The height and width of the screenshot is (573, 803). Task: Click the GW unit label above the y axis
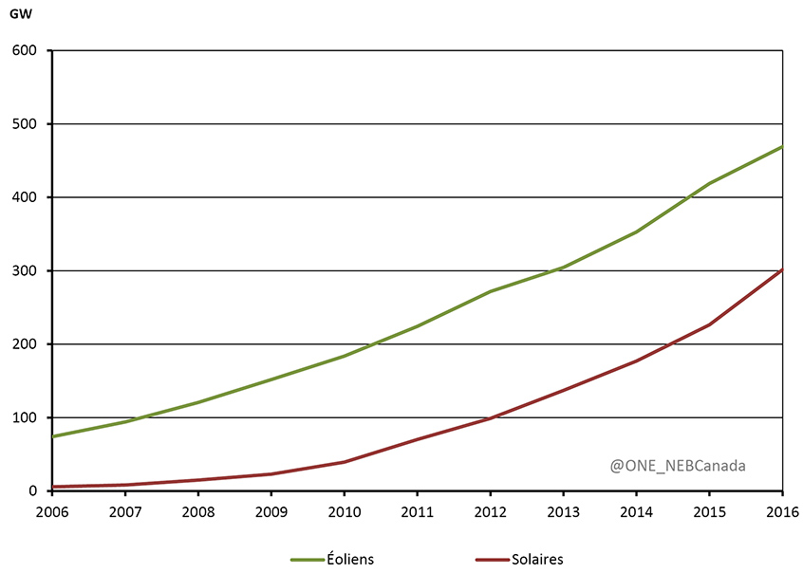click(x=19, y=14)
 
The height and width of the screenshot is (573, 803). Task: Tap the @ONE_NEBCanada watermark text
click(x=678, y=466)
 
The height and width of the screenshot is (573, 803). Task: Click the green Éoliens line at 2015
click(x=709, y=183)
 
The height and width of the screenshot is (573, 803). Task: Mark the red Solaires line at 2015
click(x=709, y=324)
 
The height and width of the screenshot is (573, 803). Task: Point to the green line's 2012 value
click(x=490, y=291)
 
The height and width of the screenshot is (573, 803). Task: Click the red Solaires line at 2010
click(x=345, y=462)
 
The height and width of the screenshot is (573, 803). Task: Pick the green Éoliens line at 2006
click(x=53, y=436)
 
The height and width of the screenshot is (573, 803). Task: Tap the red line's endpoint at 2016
click(x=781, y=270)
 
